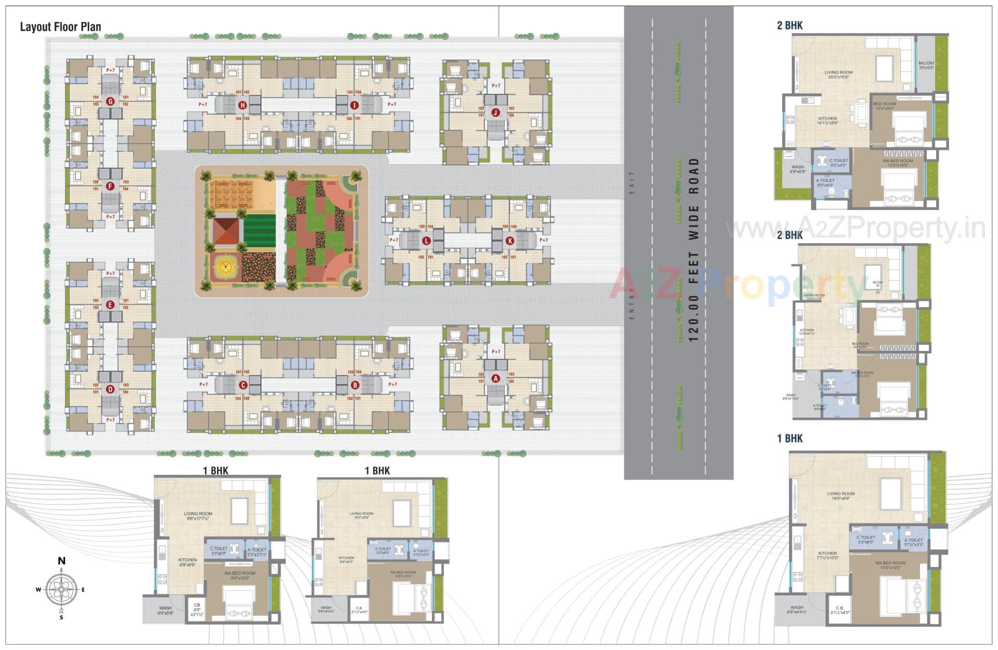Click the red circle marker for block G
[110, 102]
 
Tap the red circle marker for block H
[242, 106]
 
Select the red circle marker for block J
[495, 112]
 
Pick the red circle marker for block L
[427, 241]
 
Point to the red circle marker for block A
[495, 378]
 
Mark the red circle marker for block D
[110, 389]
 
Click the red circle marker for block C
[242, 385]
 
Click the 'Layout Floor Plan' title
[60, 27]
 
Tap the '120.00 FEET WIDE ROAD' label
[693, 249]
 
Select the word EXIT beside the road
[632, 182]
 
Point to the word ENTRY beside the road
[632, 310]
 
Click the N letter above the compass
[61, 561]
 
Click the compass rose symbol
[61, 589]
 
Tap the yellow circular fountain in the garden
[225, 268]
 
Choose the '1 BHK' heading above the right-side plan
[790, 439]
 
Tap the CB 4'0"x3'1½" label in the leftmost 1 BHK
[196, 609]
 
